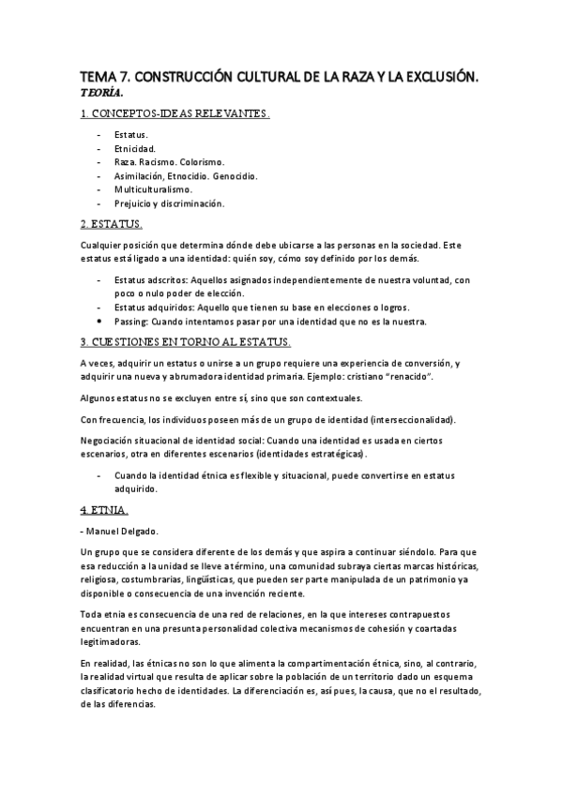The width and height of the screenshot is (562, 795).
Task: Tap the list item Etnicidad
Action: click(135, 148)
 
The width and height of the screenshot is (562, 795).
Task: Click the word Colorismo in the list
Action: click(211, 162)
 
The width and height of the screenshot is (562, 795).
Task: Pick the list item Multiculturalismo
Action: click(154, 188)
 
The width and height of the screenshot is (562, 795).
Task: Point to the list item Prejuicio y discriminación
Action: click(170, 202)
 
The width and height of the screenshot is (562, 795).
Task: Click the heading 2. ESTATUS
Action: click(112, 225)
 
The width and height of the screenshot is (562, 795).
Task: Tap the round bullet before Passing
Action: click(99, 322)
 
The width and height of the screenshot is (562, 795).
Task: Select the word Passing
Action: click(130, 322)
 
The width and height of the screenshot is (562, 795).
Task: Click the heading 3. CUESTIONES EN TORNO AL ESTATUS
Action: click(186, 342)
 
